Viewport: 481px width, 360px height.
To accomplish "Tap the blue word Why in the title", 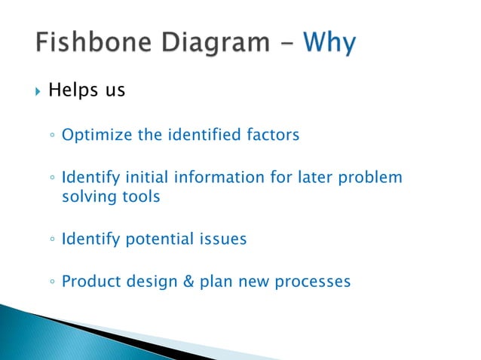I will pyautogui.click(x=329, y=44).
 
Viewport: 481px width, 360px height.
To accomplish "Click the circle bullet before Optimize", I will pyautogui.click(x=50, y=136).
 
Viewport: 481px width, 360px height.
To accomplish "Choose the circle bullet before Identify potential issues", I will pyautogui.click(x=50, y=240).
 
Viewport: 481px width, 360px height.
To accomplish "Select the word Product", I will pyautogui.click(x=88, y=282).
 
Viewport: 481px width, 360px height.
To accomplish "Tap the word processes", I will pyautogui.click(x=311, y=282).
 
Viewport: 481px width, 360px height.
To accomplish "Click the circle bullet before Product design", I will pyautogui.click(x=50, y=283).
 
